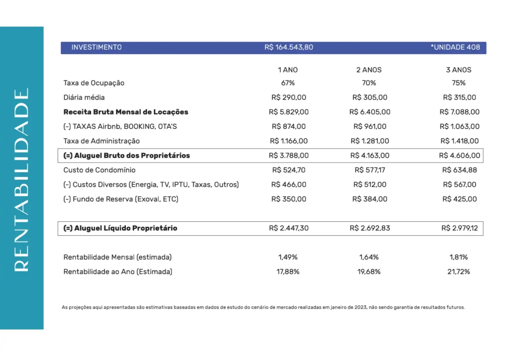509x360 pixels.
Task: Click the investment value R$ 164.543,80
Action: [289, 47]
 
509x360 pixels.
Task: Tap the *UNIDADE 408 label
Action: [455, 47]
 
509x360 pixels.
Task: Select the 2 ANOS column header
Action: [369, 70]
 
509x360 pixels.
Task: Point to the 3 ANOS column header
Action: [459, 70]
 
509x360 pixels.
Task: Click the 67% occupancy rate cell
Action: [288, 83]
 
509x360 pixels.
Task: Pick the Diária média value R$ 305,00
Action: [370, 97]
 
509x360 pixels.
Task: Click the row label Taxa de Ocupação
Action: [94, 83]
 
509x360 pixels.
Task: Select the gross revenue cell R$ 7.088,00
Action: [460, 112]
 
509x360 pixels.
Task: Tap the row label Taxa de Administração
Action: [102, 141]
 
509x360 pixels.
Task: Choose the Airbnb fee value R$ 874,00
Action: [289, 127]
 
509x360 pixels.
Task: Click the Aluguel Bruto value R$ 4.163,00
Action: [370, 156]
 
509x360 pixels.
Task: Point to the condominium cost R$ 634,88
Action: [459, 170]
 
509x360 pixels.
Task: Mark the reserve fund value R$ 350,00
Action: [289, 199]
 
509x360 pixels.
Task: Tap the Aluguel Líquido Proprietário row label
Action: [121, 228]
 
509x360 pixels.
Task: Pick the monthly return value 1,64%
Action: [369, 258]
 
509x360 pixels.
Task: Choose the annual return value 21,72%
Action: [459, 272]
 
